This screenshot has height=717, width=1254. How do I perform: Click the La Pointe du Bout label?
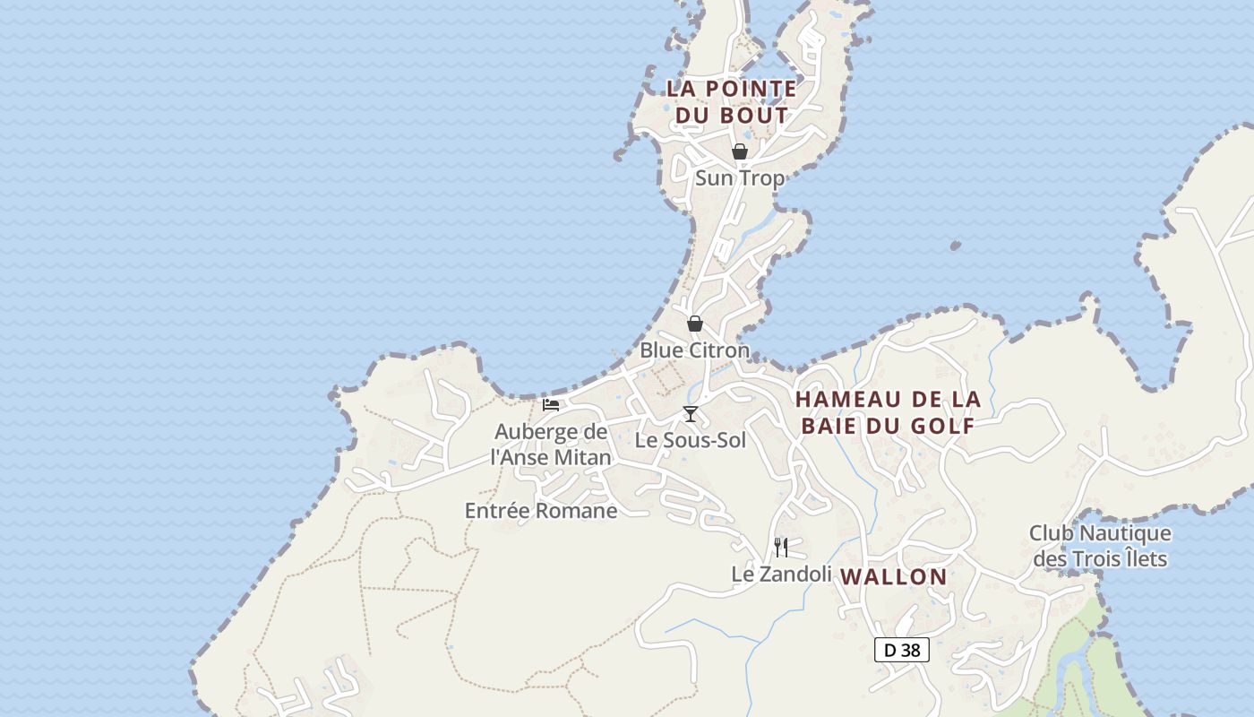coord(731,101)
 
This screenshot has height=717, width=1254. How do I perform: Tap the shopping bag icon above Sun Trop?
coord(740,151)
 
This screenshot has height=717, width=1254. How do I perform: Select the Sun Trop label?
coord(740,177)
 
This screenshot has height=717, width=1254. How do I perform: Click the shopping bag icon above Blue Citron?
coord(695,324)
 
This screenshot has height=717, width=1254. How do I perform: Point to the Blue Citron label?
coord(694,350)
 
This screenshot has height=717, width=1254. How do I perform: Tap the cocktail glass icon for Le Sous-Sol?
coord(690,413)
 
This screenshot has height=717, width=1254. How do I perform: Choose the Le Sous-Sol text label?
coord(690,440)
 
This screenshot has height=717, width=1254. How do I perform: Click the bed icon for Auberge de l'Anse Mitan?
coord(551,405)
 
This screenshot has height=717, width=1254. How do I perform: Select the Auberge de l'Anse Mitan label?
coord(551,445)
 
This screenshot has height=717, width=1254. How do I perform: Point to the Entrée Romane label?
coord(541,511)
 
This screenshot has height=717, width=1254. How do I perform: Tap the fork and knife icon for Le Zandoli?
coord(781,547)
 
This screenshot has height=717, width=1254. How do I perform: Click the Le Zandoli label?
coord(782,574)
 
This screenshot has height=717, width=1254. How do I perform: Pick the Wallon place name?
coord(894,577)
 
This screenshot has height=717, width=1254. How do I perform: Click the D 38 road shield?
coord(902,650)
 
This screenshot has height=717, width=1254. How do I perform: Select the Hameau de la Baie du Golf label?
coord(888,412)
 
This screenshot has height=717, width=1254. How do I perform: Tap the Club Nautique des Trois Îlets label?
coord(1100,546)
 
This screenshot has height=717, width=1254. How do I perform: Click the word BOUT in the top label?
coord(758,116)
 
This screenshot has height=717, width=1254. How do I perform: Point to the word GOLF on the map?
coord(942,426)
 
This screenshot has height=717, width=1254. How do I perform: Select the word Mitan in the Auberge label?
coord(584,457)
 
